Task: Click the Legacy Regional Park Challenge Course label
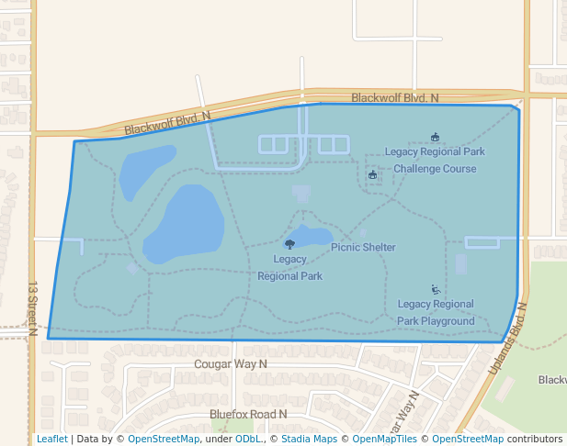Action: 435,160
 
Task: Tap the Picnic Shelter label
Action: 363,247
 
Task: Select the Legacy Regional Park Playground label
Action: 436,312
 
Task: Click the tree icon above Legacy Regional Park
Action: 290,244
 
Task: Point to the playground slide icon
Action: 435,289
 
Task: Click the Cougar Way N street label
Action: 231,364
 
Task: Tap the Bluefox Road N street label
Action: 248,414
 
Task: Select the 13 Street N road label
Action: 32,308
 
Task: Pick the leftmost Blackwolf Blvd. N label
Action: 167,123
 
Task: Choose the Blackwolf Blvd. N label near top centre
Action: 395,97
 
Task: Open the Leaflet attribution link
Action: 51,439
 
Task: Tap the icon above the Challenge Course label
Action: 435,138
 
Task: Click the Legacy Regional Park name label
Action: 289,267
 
